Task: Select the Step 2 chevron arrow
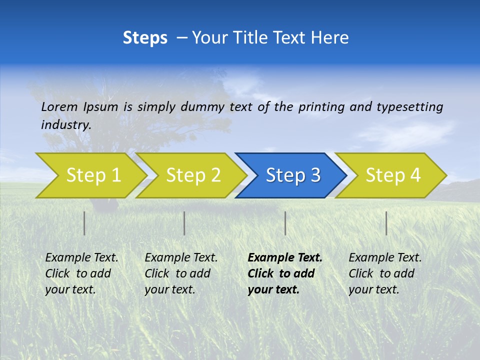tap(193, 175)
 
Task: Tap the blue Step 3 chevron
tap(293, 175)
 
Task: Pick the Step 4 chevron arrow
tap(393, 175)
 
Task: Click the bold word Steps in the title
tap(145, 37)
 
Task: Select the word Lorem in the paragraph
tap(59, 106)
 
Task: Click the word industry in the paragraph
tap(65, 124)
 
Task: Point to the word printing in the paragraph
tap(322, 107)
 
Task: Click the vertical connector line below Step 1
tap(84, 223)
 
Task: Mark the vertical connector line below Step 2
tap(184, 223)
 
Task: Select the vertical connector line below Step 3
tap(285, 223)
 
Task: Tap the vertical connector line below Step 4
tap(386, 223)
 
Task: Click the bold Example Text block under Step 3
tap(284, 273)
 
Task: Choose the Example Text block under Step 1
tap(81, 273)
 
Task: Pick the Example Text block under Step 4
tap(384, 273)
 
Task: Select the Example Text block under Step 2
tap(181, 273)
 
